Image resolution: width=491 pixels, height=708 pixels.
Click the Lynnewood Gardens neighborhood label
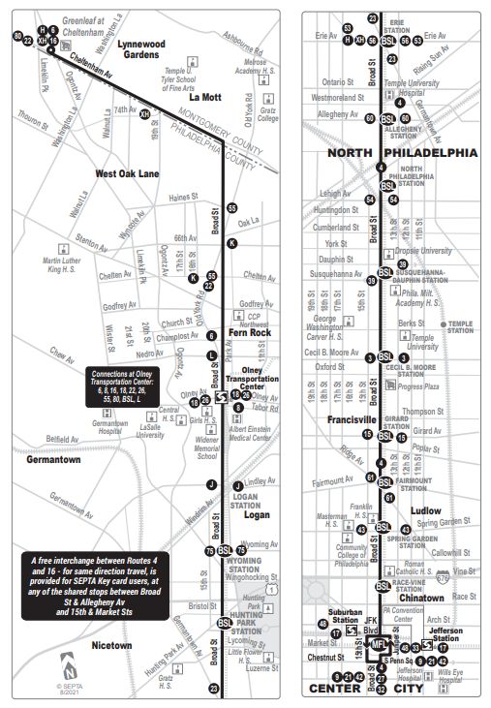click(141, 49)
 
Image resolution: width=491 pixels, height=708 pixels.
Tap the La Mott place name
click(206, 97)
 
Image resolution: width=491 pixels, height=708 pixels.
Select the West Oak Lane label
click(100, 173)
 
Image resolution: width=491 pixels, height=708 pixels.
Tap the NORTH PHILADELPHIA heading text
click(401, 153)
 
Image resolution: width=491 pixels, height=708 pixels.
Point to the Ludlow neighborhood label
click(425, 510)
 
